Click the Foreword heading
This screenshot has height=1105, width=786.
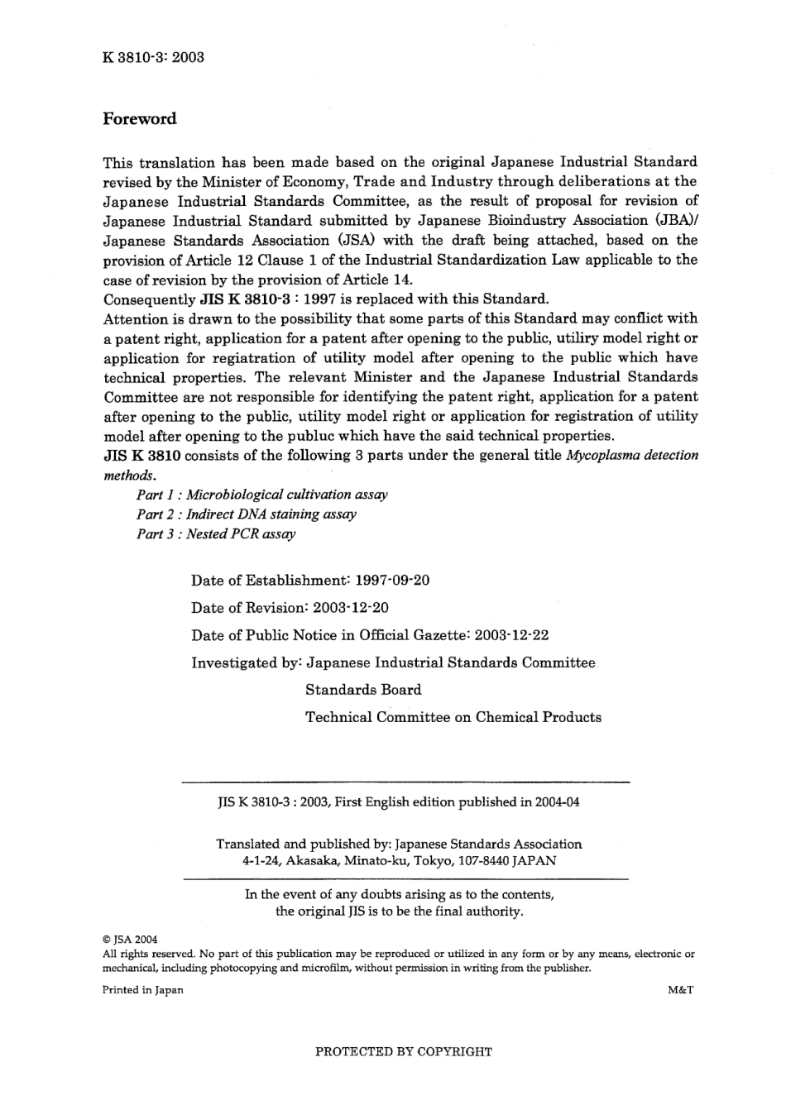point(140,118)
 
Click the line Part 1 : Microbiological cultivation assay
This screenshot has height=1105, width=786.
point(261,495)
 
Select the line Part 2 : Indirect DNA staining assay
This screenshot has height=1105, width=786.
point(247,514)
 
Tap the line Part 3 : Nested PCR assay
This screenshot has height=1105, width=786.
point(216,534)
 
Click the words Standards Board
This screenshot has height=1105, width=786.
point(363,690)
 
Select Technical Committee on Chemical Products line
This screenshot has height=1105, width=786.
point(453,717)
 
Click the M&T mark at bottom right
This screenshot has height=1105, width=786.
point(679,990)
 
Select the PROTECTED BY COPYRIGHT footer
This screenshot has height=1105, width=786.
point(404,1052)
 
